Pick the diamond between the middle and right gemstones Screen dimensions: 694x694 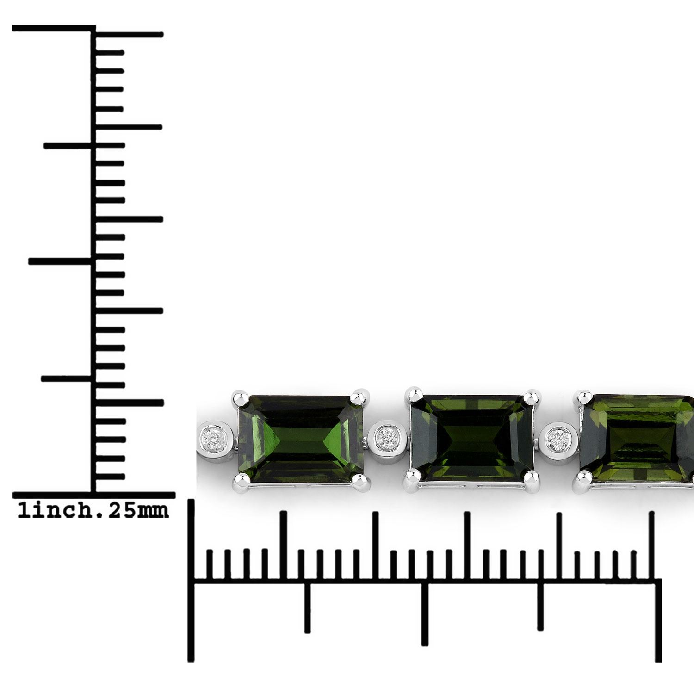558,437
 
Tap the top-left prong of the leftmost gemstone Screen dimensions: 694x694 238,398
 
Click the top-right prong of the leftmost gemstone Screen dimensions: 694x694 359,398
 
